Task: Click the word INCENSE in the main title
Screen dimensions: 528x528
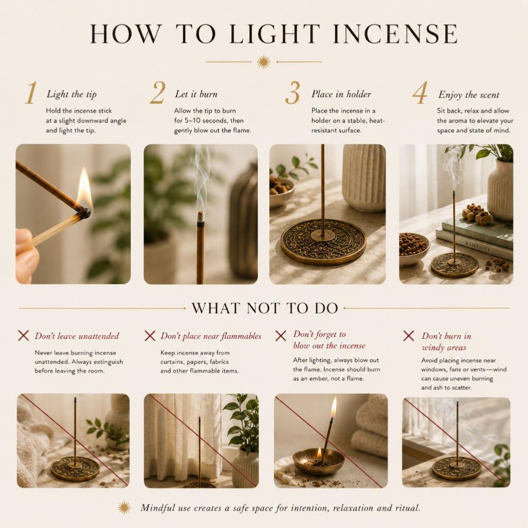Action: click(394, 33)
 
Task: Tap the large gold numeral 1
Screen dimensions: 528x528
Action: click(31, 92)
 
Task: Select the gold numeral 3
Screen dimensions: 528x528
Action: click(293, 93)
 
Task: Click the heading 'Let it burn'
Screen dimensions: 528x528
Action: click(196, 94)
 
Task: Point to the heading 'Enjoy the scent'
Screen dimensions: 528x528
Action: click(468, 95)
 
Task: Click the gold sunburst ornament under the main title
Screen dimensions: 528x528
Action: click(263, 62)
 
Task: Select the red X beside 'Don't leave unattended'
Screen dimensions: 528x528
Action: click(23, 335)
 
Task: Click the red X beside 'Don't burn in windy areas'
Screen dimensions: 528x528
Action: click(409, 336)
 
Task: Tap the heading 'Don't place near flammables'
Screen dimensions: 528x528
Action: click(211, 336)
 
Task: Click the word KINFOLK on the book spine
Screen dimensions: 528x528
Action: click(478, 246)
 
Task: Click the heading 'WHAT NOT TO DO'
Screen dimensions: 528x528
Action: click(265, 308)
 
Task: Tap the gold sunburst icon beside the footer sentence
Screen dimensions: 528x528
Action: click(124, 507)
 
